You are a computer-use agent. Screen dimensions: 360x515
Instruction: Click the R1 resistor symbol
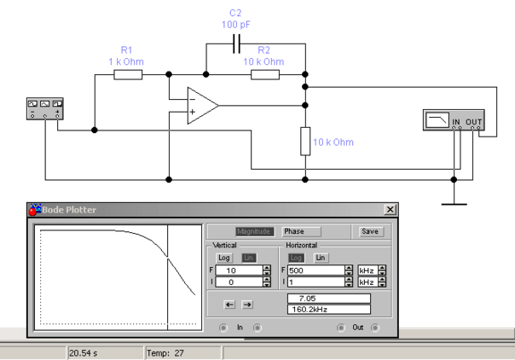127,75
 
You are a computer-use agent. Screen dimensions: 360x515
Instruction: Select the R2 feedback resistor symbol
265,75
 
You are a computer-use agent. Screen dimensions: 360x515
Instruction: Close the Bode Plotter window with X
391,210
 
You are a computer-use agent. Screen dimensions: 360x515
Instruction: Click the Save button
370,231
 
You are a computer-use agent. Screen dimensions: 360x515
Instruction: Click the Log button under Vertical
223,258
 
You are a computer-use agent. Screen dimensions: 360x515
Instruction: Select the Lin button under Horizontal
321,258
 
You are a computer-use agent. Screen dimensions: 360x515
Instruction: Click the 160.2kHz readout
328,310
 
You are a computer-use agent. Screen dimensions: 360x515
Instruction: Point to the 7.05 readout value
328,299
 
